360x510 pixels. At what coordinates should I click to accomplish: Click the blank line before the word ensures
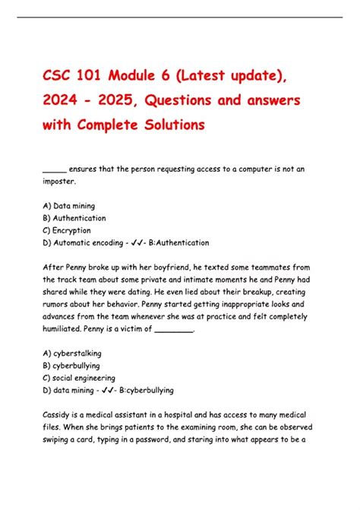click(54, 170)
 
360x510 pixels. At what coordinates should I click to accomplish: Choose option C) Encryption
click(67, 230)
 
